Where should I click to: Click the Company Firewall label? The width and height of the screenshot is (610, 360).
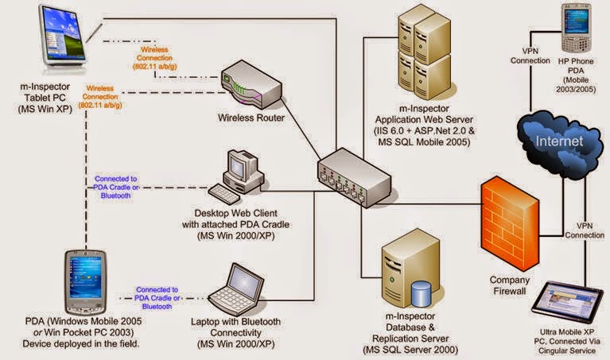pos(509,286)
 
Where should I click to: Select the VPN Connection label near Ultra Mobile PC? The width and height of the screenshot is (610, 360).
pos(585,230)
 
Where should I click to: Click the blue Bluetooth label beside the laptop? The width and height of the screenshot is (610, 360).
pos(157,297)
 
